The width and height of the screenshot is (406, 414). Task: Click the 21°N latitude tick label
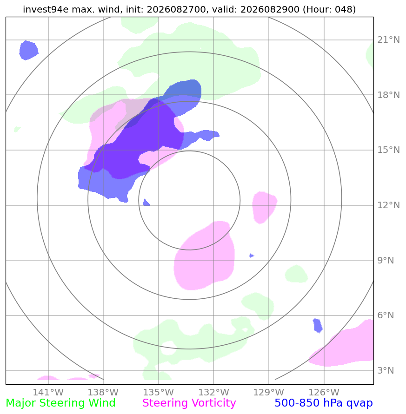click(x=388, y=40)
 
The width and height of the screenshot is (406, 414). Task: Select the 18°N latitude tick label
click(x=388, y=95)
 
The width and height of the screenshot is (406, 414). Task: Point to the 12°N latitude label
click(x=388, y=205)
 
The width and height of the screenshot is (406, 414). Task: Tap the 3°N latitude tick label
click(x=386, y=370)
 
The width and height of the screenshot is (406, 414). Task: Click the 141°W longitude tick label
click(x=48, y=392)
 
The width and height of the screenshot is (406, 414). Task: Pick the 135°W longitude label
click(x=158, y=392)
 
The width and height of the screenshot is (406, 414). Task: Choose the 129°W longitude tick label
click(x=268, y=392)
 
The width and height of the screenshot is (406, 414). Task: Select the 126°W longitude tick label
click(x=324, y=392)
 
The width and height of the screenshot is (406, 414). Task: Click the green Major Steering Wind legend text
click(x=60, y=403)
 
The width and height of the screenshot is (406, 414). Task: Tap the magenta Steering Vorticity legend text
click(x=189, y=403)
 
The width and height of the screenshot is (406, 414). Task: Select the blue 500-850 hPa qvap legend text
click(x=324, y=403)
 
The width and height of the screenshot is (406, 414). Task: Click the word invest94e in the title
click(x=46, y=9)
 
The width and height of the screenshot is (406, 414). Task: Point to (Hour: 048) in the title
click(x=329, y=9)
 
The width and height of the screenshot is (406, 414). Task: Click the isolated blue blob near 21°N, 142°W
click(x=28, y=50)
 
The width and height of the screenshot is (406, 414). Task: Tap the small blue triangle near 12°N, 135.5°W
click(x=146, y=203)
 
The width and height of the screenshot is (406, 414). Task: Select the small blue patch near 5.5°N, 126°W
click(x=318, y=326)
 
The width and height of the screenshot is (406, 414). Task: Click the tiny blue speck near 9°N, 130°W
click(x=252, y=256)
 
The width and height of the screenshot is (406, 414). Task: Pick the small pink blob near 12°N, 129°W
click(x=264, y=207)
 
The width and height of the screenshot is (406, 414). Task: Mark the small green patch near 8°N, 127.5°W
click(x=296, y=274)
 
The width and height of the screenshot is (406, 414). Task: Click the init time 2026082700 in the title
click(x=176, y=9)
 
